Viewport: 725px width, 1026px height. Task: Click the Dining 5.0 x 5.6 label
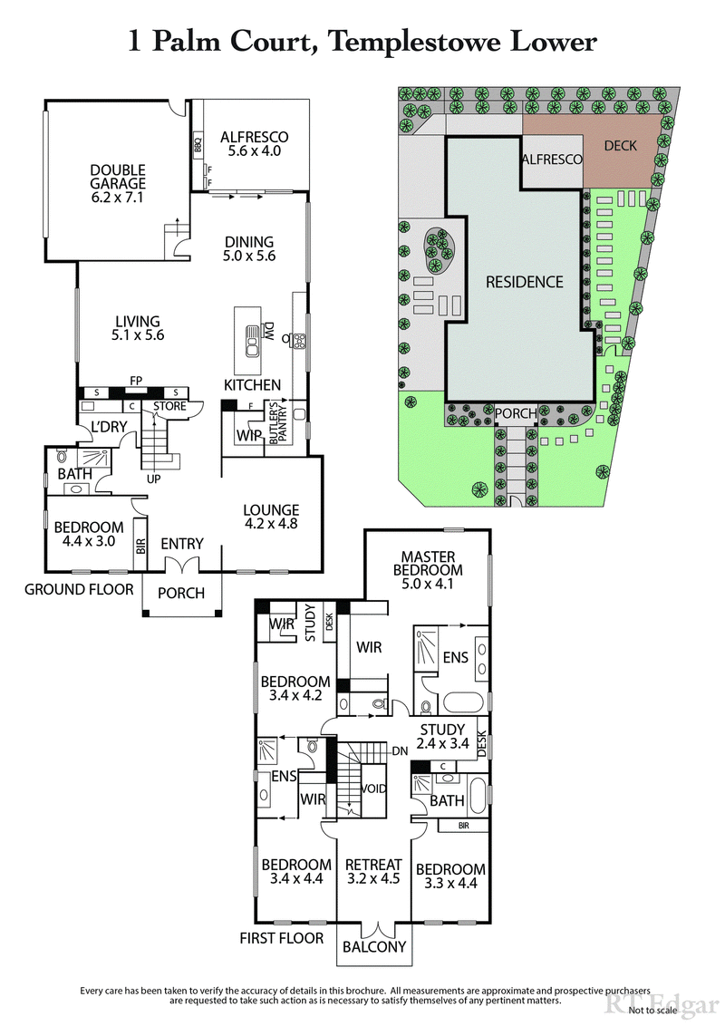click(x=249, y=248)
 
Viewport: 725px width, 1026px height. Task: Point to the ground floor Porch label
click(x=181, y=593)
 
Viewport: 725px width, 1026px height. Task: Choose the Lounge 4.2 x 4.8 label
click(x=271, y=516)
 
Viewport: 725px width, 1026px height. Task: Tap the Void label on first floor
click(x=372, y=789)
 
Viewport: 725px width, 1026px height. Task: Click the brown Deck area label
click(x=620, y=145)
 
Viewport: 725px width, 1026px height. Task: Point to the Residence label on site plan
click(x=524, y=281)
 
